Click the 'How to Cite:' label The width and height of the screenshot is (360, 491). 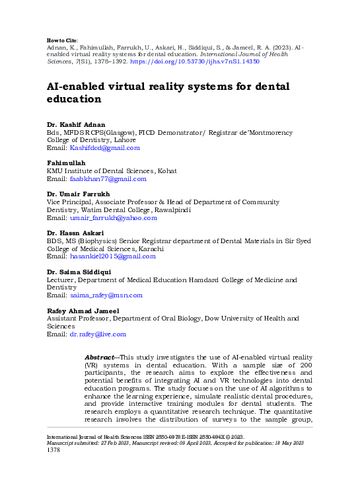(x=63, y=40)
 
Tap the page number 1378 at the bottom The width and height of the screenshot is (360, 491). (x=54, y=450)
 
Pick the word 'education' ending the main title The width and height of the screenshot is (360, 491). (x=73, y=100)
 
